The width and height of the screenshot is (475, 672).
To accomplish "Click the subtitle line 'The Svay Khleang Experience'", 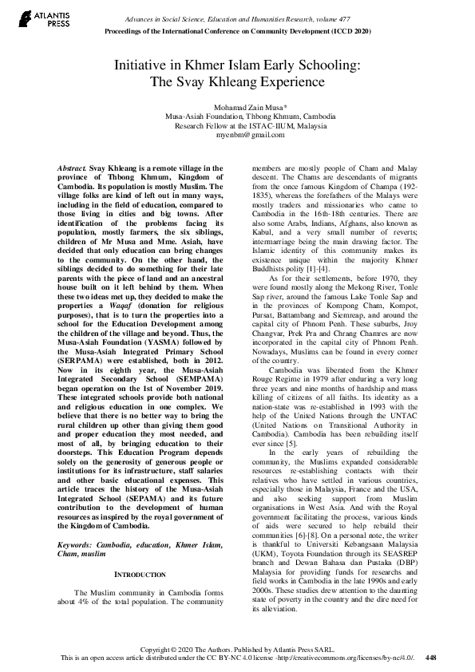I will [x=237, y=81].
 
